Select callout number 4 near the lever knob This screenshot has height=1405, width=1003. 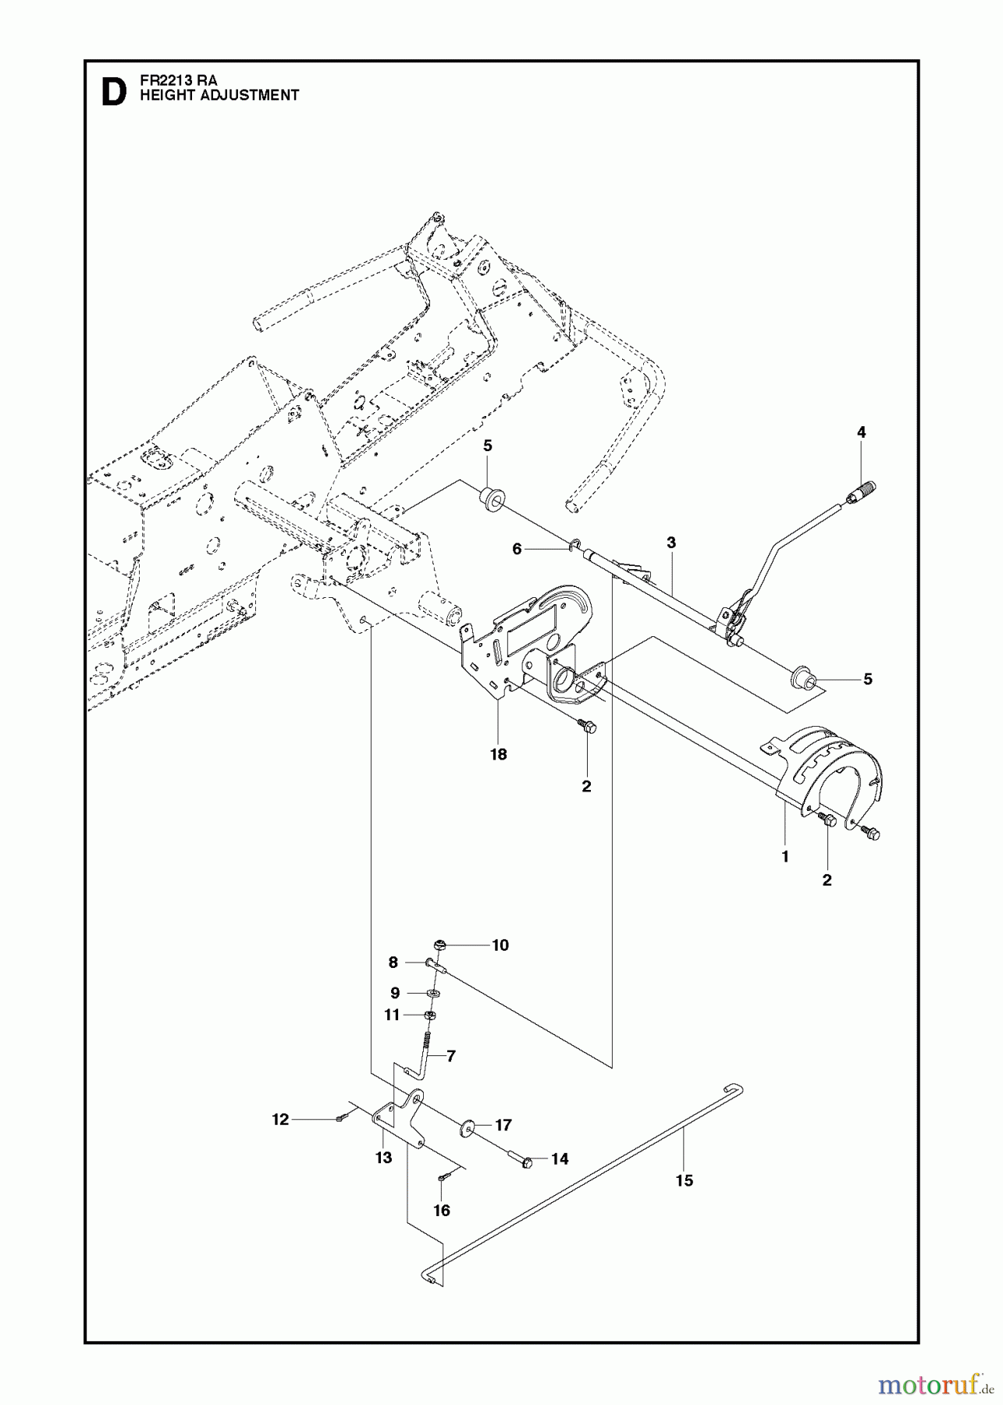(x=861, y=432)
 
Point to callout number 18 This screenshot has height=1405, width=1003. (x=498, y=754)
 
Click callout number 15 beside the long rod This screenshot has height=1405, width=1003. (x=684, y=1181)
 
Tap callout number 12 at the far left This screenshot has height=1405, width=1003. (x=279, y=1119)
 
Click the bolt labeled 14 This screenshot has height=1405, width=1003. (x=527, y=1161)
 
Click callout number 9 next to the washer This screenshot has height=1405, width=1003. (x=395, y=993)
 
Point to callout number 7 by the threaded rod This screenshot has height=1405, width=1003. (x=450, y=1056)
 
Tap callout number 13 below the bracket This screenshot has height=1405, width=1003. (x=383, y=1158)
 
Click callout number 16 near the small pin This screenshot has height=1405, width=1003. (x=442, y=1211)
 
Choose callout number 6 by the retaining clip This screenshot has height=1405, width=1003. (x=517, y=550)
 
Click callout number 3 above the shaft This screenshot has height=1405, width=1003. (x=670, y=542)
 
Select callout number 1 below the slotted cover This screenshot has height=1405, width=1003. (x=784, y=856)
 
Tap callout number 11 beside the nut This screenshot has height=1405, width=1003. (x=392, y=1016)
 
